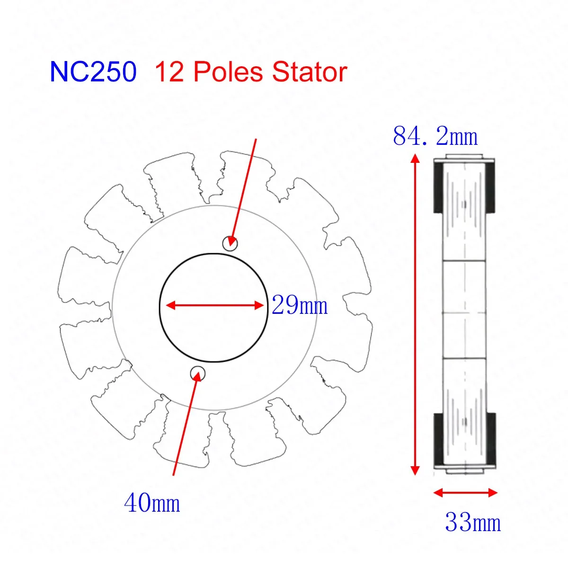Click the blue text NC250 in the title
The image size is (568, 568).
pyautogui.click(x=93, y=72)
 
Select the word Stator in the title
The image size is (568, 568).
pyautogui.click(x=310, y=72)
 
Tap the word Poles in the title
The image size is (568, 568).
pyautogui.click(x=230, y=72)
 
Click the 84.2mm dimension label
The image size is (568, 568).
pyautogui.click(x=435, y=136)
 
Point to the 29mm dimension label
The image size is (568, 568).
pyautogui.click(x=300, y=305)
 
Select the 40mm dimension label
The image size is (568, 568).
pyautogui.click(x=152, y=503)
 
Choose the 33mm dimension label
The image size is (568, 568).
pyautogui.click(x=472, y=523)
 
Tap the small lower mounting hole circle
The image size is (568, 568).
pyautogui.click(x=197, y=373)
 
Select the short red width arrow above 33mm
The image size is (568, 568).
pyautogui.click(x=465, y=493)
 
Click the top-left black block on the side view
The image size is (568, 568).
pyautogui.click(x=438, y=187)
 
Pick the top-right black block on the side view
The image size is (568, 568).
pyautogui.click(x=491, y=187)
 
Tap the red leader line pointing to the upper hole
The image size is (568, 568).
pyautogui.click(x=245, y=189)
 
